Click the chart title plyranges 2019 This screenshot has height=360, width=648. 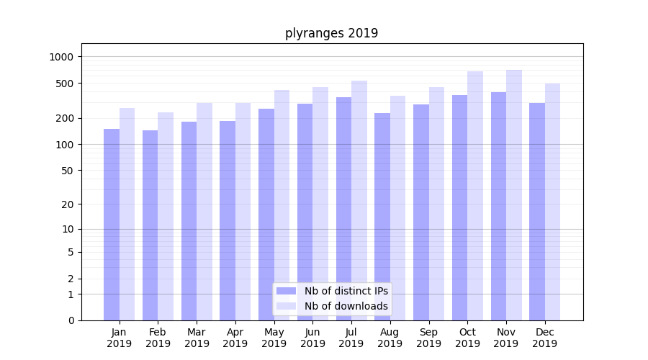coord(331,33)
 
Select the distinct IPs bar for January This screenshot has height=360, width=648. coord(112,225)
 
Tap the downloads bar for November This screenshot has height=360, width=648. coord(514,195)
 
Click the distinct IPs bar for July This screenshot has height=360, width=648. coord(343,209)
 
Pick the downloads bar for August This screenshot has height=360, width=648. coord(397,208)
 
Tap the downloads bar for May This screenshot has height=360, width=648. coord(282,205)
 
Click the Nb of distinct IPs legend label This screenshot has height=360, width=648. coord(346,291)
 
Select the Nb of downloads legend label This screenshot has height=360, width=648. coord(346,306)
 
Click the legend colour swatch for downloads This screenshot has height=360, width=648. coord(286,306)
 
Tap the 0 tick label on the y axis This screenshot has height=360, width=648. coord(71,320)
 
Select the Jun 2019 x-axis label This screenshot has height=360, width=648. coord(312,338)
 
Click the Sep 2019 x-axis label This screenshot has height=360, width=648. coord(428,338)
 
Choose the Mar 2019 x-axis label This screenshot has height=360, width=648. coord(197,338)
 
